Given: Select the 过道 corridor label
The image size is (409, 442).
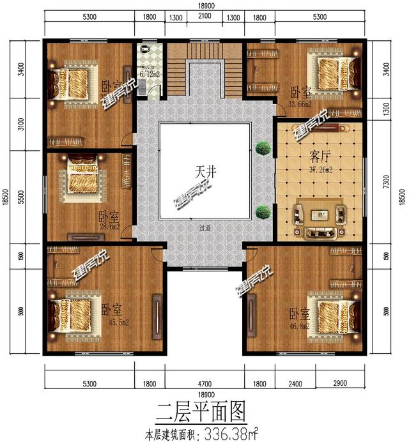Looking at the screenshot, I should click(x=204, y=227).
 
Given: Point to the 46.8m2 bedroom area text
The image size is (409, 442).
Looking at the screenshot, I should click(x=299, y=325).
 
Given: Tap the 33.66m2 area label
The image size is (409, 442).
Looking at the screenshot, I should click(x=300, y=103).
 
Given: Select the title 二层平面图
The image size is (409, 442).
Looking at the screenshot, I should click(x=203, y=409).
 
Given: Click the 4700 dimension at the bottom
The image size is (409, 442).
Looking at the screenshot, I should click(x=204, y=383).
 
